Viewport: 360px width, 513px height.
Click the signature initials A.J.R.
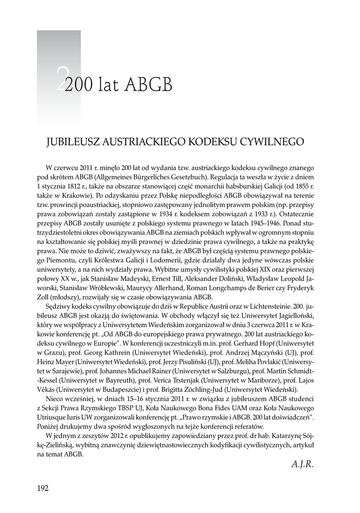[x=302, y=464]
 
